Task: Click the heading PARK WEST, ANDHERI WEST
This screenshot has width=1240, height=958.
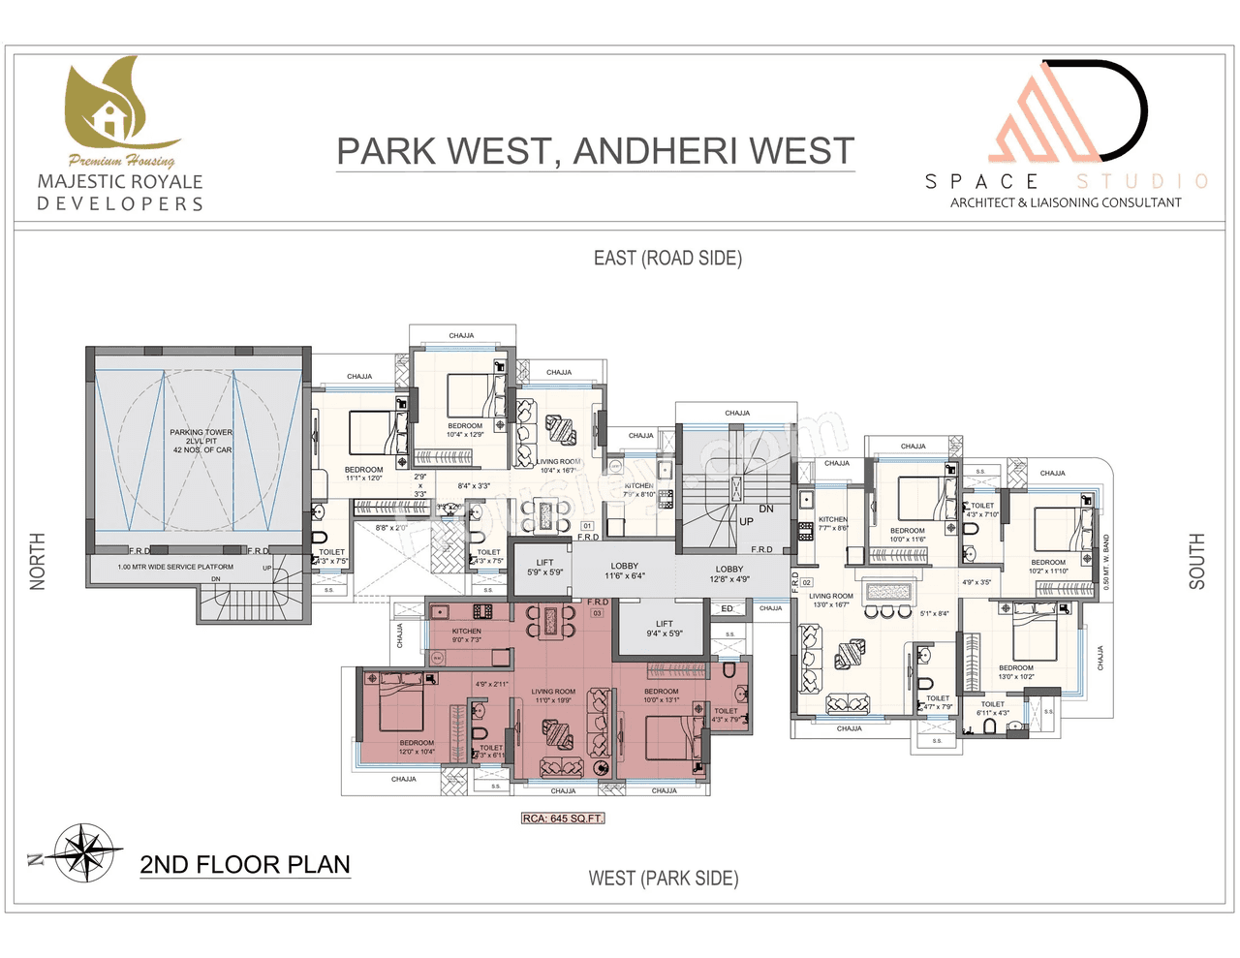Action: click(x=595, y=151)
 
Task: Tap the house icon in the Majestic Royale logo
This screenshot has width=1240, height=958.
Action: click(x=110, y=119)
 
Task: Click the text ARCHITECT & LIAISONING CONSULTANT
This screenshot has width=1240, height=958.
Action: click(x=1066, y=202)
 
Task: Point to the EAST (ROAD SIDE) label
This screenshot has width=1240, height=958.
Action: click(x=667, y=258)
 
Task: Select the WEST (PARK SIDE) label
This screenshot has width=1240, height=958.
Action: click(x=664, y=878)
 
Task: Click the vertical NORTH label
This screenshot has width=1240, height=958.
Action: click(x=38, y=561)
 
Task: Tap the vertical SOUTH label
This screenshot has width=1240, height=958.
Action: click(x=1197, y=561)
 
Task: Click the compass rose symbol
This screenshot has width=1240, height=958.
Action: click(x=86, y=853)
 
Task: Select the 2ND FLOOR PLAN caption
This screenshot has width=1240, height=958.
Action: click(x=245, y=864)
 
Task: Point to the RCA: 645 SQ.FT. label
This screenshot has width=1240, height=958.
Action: click(x=563, y=819)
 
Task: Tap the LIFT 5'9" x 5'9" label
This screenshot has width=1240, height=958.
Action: click(x=544, y=568)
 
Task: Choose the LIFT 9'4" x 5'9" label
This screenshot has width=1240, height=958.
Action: click(x=665, y=629)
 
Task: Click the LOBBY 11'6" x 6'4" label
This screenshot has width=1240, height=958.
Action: click(x=625, y=571)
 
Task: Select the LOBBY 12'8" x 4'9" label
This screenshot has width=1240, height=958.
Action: click(x=729, y=574)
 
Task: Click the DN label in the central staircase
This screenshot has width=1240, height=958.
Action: click(x=766, y=509)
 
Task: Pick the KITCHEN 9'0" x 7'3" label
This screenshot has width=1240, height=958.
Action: click(x=466, y=635)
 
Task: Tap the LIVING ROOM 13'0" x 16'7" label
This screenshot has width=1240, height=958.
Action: click(x=831, y=601)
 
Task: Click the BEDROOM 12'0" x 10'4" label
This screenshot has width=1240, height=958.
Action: click(x=417, y=747)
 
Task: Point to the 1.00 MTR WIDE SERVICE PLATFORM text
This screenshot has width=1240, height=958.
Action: click(x=175, y=567)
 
